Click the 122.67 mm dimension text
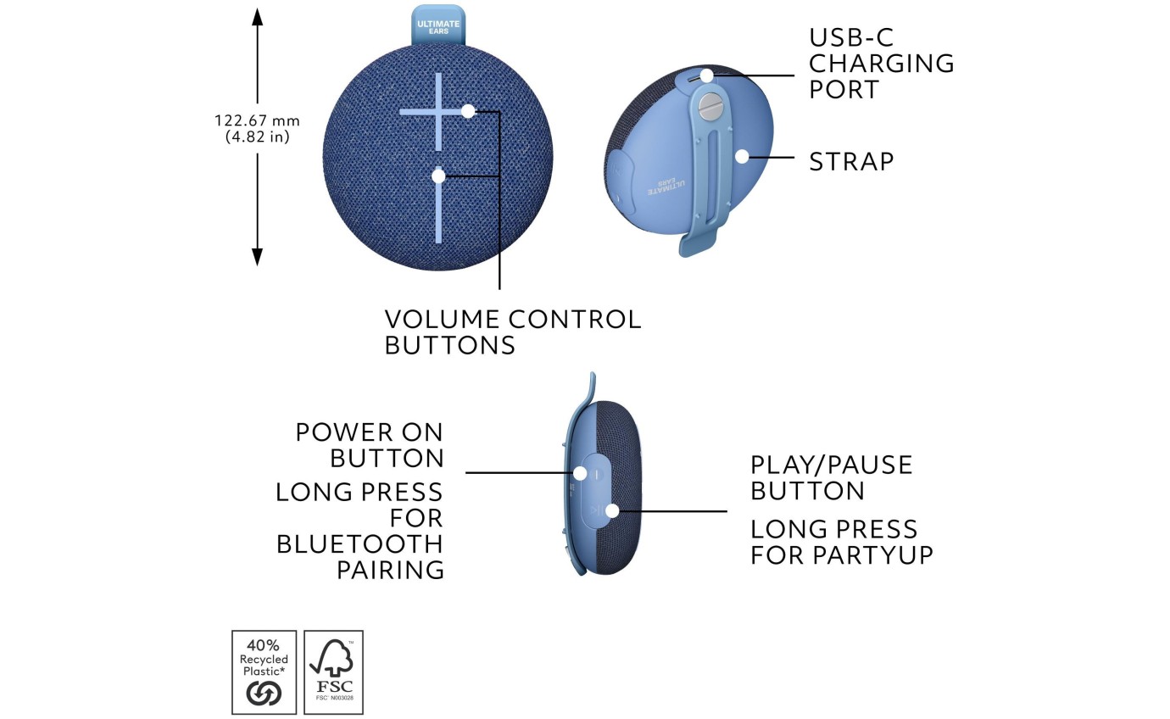pos(257,120)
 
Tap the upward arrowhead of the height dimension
pos(258,17)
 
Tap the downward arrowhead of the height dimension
pos(258,256)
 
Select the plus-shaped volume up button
pos(438,111)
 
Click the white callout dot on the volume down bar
pos(438,176)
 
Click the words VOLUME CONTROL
pos(512,320)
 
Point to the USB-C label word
pos(850,37)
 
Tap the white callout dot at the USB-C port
pos(706,76)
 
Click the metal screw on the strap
pos(710,107)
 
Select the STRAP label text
pos(851,162)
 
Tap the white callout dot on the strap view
pos(742,156)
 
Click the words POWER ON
pos(369,432)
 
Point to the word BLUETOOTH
pos(359,543)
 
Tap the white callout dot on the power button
pos(581,472)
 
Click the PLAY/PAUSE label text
pos(831,465)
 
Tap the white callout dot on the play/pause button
pos(612,510)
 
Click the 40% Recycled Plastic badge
pos(264,672)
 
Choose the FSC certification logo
pos(333,672)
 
